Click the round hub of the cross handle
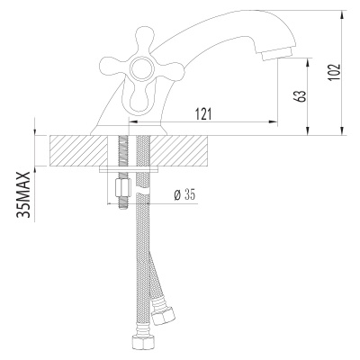[142, 71]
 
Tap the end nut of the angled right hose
[164, 316]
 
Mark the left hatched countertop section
[76, 150]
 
